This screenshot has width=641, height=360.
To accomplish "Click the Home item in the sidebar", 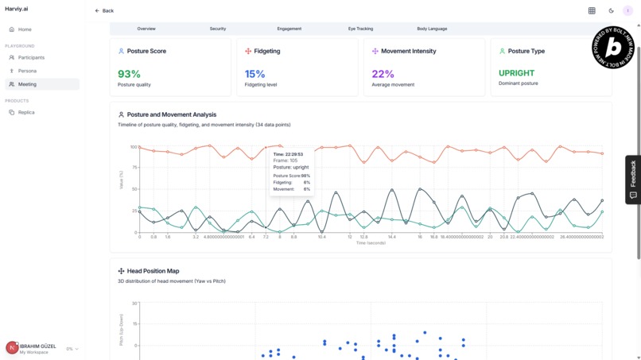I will tap(25, 29).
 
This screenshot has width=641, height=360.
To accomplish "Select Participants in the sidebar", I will tap(31, 57).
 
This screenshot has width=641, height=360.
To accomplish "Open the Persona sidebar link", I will tap(27, 71).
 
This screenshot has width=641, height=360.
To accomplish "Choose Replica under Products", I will tap(26, 112).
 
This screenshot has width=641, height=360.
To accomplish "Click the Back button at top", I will tap(104, 11).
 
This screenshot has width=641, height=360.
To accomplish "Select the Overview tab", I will tap(146, 29).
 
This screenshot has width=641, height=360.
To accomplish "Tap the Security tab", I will tap(218, 29).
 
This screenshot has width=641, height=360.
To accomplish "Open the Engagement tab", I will tap(289, 29).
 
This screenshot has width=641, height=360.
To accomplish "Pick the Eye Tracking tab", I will tap(360, 29).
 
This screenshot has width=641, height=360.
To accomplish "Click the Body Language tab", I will tap(432, 29).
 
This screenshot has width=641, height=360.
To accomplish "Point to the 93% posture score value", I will tap(129, 74).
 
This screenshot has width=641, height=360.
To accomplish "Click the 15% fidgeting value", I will tap(254, 74).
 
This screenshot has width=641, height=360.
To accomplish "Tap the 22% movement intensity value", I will tap(383, 74).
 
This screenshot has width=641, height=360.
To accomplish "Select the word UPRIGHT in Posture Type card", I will tap(516, 73).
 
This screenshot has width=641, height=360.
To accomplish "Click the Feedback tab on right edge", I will tap(633, 179).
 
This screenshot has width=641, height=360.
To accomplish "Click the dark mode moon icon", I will tap(611, 11).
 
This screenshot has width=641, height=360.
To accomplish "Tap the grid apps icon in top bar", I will tap(592, 11).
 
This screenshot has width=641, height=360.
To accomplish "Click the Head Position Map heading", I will tap(153, 271).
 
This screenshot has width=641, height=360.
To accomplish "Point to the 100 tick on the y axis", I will tap(134, 147).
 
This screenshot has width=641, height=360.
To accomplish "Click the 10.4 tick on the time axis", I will tap(322, 237).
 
